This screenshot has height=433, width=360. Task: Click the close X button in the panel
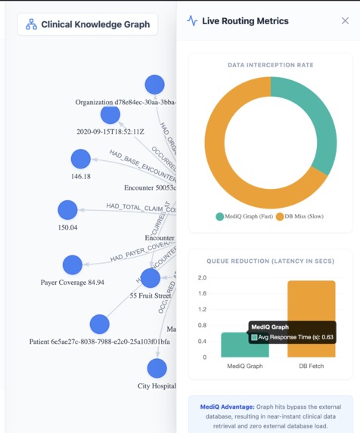[345, 21]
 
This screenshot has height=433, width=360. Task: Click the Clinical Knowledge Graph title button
[87, 24]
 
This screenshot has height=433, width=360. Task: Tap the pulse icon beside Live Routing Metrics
[192, 21]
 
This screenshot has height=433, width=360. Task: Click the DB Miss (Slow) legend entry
[303, 217]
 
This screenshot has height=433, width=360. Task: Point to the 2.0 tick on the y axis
[202, 277]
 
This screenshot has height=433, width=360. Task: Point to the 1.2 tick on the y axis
[202, 309]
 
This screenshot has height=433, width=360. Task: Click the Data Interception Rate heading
[270, 65]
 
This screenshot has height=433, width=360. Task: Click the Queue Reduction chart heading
[270, 261]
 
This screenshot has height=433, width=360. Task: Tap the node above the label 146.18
[80, 159]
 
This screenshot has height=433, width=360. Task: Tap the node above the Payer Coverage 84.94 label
[73, 264]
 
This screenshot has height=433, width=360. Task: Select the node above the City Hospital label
[157, 368]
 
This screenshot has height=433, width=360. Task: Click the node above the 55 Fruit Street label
[151, 278]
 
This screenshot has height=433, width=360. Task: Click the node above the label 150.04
[67, 210]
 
